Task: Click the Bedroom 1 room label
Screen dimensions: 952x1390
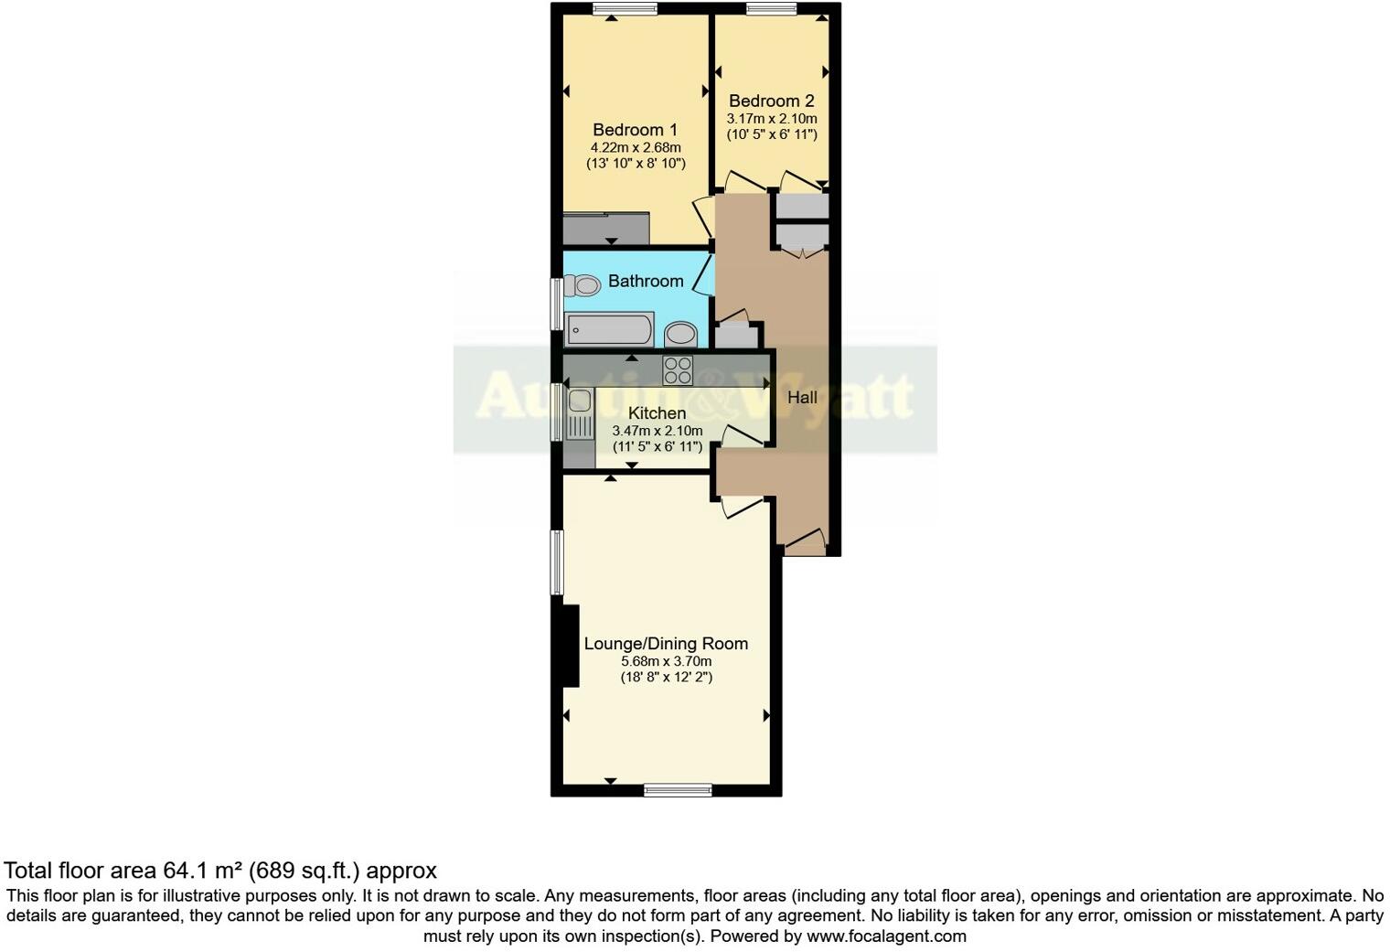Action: tap(635, 130)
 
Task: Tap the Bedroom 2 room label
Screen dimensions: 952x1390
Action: tap(771, 102)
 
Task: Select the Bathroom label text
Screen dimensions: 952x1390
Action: tap(646, 281)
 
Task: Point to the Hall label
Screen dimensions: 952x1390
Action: tap(802, 398)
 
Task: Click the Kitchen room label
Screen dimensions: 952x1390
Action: tap(657, 413)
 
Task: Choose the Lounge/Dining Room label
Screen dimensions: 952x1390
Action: tap(666, 644)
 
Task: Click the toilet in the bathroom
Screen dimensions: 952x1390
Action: tap(580, 286)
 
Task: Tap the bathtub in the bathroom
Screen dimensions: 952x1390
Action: tap(608, 329)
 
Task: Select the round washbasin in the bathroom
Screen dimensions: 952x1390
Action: tap(679, 333)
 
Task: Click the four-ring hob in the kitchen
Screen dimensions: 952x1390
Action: tap(678, 370)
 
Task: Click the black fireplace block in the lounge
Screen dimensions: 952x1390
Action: tap(569, 646)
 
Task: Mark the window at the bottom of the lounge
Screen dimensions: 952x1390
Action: tap(678, 790)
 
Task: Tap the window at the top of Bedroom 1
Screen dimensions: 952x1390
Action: tap(618, 9)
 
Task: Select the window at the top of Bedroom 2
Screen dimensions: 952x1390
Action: tap(771, 9)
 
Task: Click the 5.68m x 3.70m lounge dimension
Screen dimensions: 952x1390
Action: tap(666, 661)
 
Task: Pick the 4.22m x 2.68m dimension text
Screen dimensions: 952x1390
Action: tap(635, 147)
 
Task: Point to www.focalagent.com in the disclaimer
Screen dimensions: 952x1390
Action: tap(885, 936)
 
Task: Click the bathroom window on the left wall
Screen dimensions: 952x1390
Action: tap(555, 304)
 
